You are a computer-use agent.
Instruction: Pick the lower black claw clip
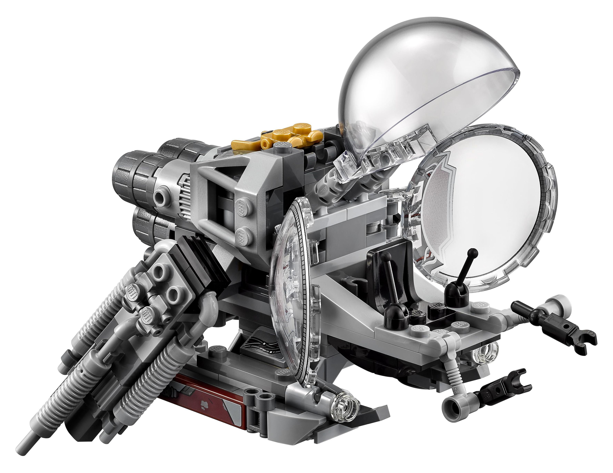click(x=505, y=389)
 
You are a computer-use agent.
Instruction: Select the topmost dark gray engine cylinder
click(x=180, y=150)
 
